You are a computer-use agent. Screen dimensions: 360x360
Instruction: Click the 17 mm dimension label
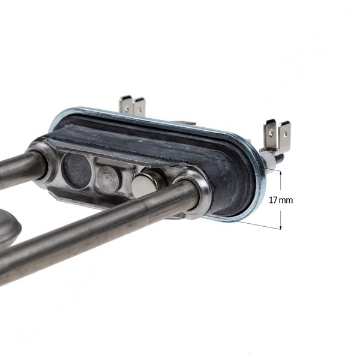281,200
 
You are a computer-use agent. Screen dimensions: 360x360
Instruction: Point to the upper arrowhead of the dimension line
281,173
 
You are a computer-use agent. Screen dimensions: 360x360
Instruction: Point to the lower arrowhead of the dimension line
281,227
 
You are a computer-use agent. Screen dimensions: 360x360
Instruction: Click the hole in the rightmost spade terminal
286,133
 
